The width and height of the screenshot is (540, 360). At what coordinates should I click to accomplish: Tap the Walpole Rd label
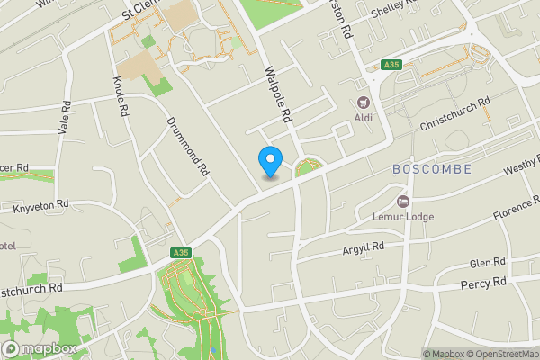[x=278, y=94]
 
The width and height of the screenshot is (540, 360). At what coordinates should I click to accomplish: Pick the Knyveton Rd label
[x=41, y=205]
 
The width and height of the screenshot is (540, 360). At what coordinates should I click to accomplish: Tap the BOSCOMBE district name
[x=431, y=169]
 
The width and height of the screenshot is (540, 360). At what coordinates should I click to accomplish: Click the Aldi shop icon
[x=364, y=103]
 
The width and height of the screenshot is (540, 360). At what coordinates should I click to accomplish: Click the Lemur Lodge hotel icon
[x=402, y=201]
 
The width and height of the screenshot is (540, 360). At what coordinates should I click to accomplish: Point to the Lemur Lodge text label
[x=402, y=217]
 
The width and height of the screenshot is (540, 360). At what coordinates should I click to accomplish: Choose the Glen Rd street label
[x=488, y=264]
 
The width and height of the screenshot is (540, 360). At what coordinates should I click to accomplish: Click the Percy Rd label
[x=483, y=283]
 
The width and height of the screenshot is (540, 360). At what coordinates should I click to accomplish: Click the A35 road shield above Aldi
[x=391, y=65]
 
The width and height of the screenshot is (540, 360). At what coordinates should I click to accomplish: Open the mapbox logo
[x=40, y=348]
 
